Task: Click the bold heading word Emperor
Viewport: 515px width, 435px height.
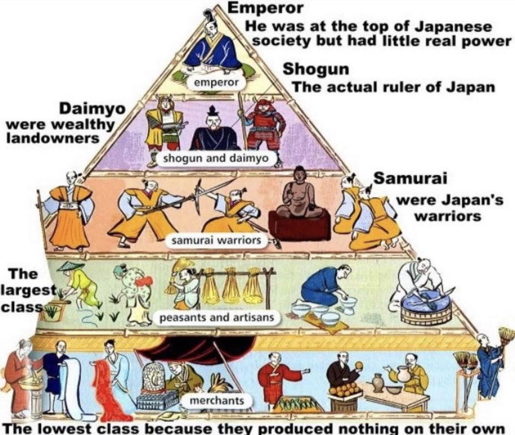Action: click(266, 7)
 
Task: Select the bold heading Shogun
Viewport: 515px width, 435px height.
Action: click(316, 69)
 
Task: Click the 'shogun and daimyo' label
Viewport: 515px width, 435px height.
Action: click(216, 158)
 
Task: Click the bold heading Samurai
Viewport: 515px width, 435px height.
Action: click(410, 179)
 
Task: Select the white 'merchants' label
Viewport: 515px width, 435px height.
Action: click(216, 400)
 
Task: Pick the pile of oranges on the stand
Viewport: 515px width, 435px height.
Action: click(343, 388)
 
